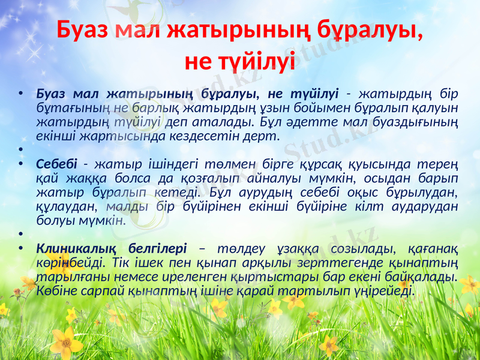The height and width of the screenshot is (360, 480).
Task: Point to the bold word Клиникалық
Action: (x=74, y=248)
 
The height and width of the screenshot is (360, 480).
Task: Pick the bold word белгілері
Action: (x=158, y=248)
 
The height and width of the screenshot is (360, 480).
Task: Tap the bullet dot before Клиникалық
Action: (x=21, y=248)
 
